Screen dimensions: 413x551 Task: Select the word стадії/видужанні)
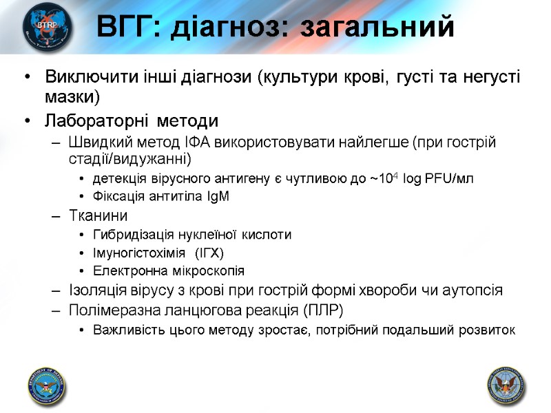pyautogui.click(x=130, y=160)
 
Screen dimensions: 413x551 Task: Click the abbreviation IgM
pyautogui.click(x=214, y=196)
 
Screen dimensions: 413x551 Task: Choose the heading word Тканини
pyautogui.click(x=98, y=216)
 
